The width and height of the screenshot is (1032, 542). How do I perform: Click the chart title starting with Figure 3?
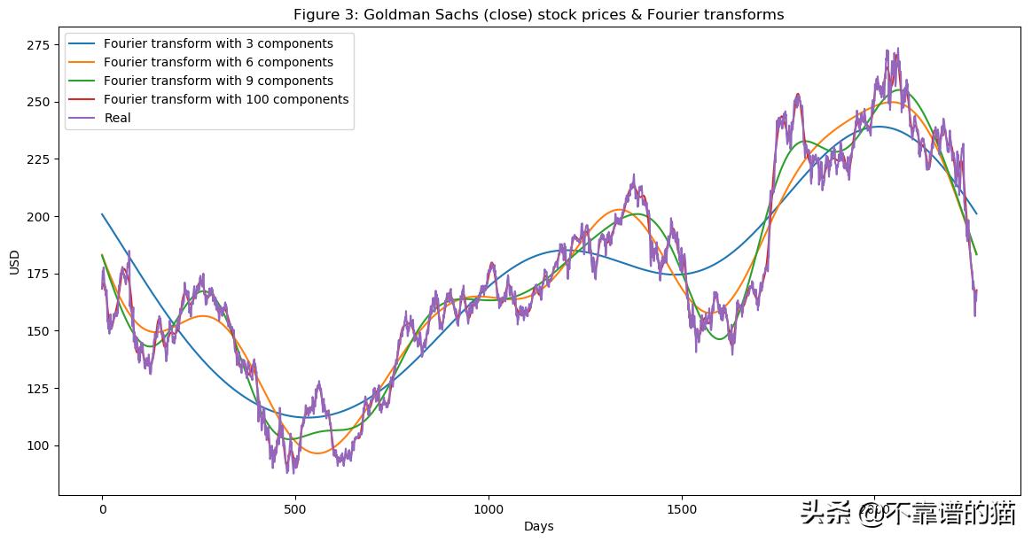tap(538, 14)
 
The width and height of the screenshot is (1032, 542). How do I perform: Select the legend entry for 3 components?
tap(218, 43)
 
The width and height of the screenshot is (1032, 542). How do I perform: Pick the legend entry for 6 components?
tap(218, 62)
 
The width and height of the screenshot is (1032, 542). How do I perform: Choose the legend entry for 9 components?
tap(218, 81)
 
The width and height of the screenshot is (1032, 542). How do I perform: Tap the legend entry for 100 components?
tap(225, 99)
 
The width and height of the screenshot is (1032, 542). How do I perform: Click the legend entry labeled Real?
tap(117, 118)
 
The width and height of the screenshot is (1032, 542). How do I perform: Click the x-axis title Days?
tap(538, 526)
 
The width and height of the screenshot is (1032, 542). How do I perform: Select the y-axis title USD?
tap(13, 262)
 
